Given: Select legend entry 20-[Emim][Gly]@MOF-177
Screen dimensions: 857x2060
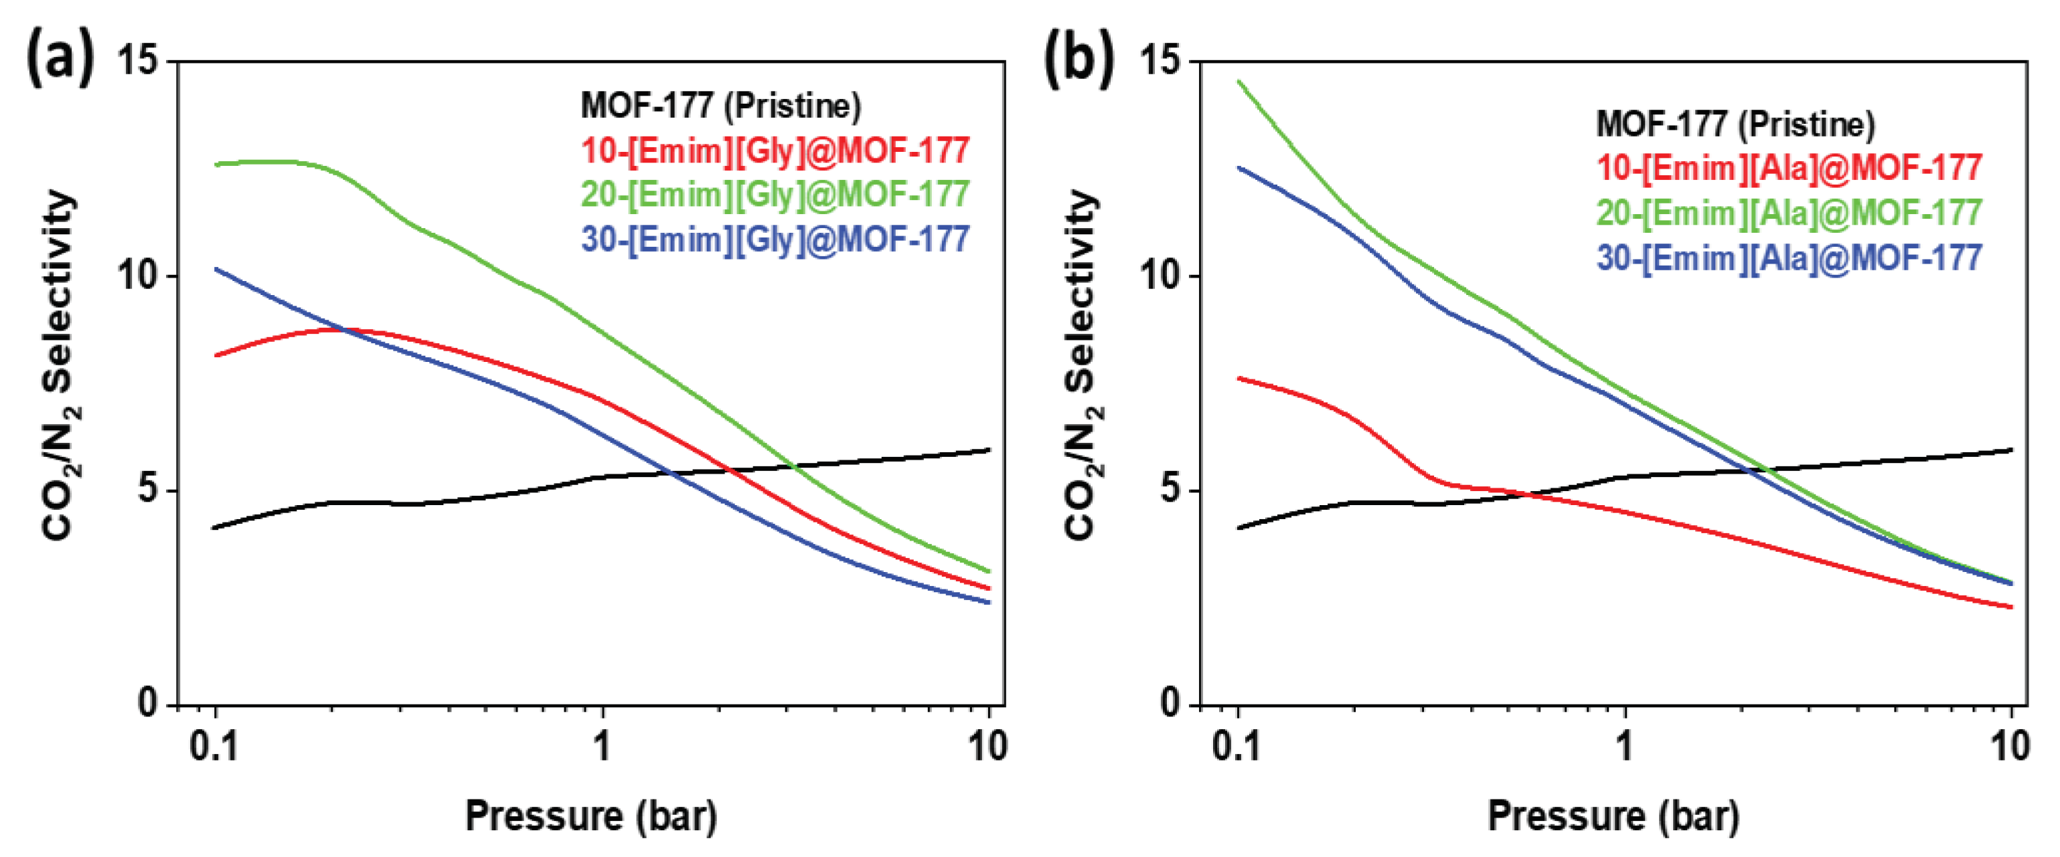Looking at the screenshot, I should pyautogui.click(x=775, y=194).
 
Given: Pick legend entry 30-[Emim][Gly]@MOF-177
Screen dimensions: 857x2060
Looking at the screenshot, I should pyautogui.click(x=775, y=239).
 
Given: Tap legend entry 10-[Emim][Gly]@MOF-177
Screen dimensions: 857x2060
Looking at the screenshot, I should pyautogui.click(x=775, y=151).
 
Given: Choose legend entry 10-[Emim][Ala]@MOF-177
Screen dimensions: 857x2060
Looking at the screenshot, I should pyautogui.click(x=1789, y=168).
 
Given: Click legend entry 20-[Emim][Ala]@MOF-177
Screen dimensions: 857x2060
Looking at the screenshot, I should pyautogui.click(x=1789, y=213).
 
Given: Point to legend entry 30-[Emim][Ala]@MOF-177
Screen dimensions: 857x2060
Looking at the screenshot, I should pyautogui.click(x=1789, y=258).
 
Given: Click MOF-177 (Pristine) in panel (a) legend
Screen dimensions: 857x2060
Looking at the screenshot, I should pyautogui.click(x=720, y=106).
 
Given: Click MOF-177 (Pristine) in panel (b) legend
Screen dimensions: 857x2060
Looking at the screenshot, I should pyautogui.click(x=1735, y=124).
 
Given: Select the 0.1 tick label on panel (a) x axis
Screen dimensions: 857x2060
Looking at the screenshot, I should pyautogui.click(x=214, y=746).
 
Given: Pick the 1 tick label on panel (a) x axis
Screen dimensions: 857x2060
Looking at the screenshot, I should pyautogui.click(x=601, y=746).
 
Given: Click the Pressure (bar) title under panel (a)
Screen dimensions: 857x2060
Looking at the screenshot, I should pyautogui.click(x=591, y=816).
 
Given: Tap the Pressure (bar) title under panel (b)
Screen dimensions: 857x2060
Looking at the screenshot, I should pyautogui.click(x=1613, y=816).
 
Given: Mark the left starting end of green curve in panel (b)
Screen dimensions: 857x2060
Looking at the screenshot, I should pyautogui.click(x=1238, y=81).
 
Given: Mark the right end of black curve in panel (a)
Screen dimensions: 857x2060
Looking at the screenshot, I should pyautogui.click(x=989, y=450).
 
